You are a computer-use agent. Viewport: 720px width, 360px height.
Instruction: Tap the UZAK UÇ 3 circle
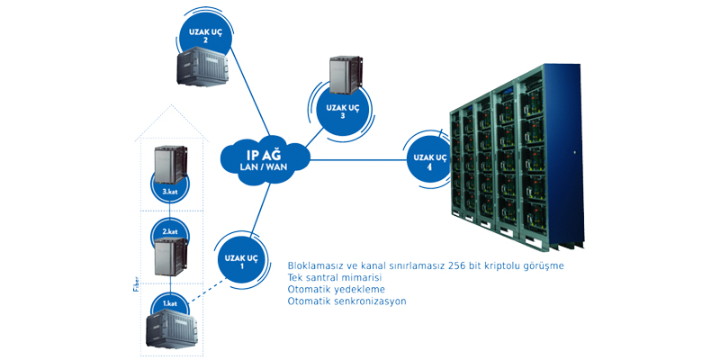(343, 112)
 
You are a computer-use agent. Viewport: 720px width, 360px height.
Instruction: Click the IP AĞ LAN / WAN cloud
(265, 159)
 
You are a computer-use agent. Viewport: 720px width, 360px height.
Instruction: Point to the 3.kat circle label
(169, 190)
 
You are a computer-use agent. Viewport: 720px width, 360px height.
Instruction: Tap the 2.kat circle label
(169, 231)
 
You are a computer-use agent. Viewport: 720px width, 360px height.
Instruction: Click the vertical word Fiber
(131, 293)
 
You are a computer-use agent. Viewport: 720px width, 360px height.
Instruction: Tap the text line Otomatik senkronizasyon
(346, 301)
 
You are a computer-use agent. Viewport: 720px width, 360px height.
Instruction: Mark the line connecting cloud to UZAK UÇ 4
(355, 160)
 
